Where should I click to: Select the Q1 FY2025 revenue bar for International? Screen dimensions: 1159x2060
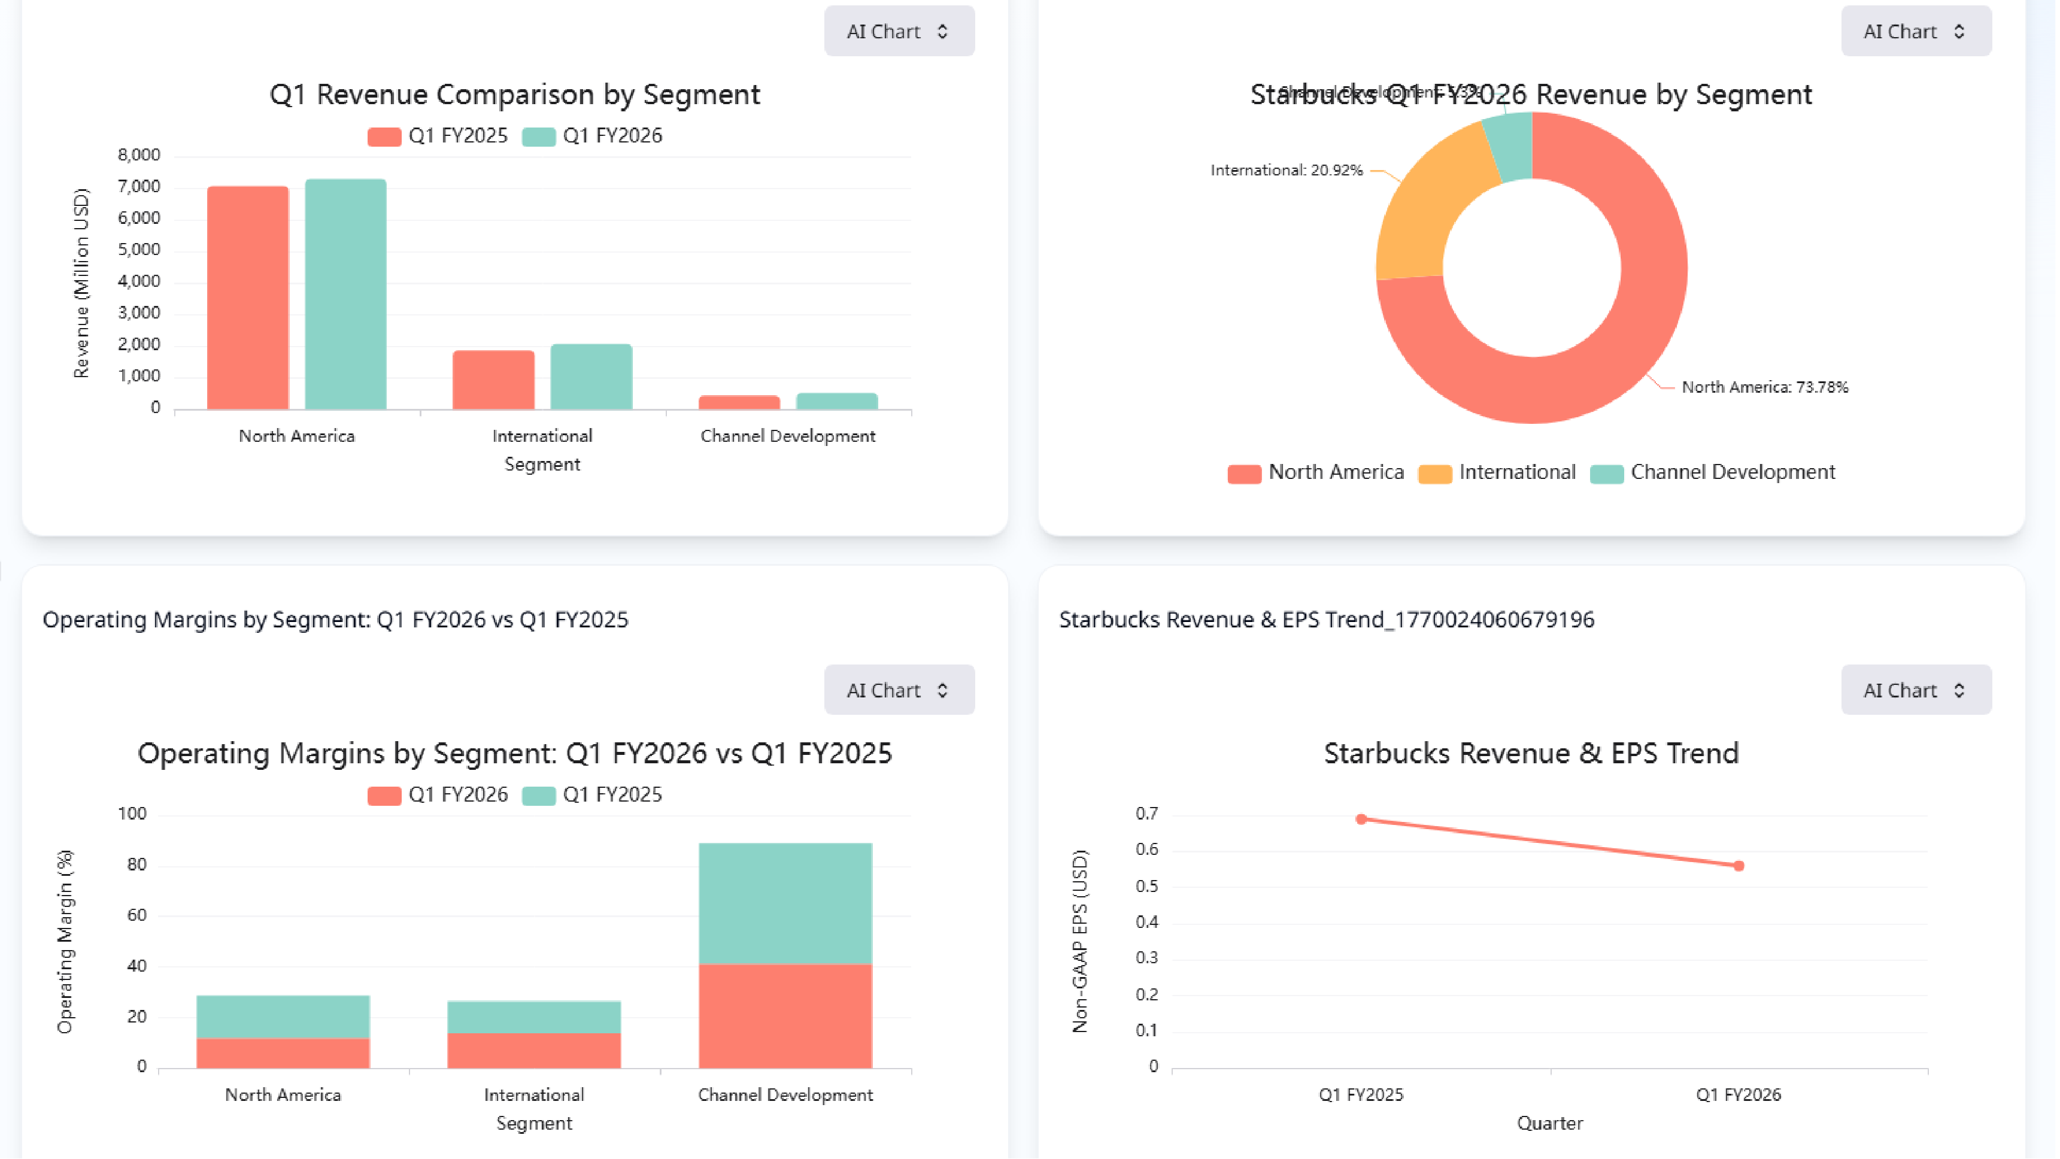pyautogui.click(x=493, y=380)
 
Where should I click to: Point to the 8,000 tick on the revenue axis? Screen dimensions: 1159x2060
pyautogui.click(x=138, y=155)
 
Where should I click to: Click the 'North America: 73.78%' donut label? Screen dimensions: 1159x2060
pyautogui.click(x=1764, y=387)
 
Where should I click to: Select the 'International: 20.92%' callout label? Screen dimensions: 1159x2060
pyautogui.click(x=1286, y=171)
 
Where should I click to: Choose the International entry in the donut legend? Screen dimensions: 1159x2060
pyautogui.click(x=1498, y=473)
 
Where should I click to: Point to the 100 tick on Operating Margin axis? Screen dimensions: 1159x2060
pyautogui.click(x=132, y=814)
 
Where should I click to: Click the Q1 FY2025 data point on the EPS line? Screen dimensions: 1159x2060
pyautogui.click(x=1361, y=819)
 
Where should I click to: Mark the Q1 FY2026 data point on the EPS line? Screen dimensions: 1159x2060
pyautogui.click(x=1739, y=866)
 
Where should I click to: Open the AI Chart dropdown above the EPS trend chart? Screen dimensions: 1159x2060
pyautogui.click(x=1915, y=690)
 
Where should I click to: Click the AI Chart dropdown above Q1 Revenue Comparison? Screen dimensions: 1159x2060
pyautogui.click(x=899, y=31)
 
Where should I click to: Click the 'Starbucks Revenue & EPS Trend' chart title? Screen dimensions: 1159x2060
pyautogui.click(x=1531, y=754)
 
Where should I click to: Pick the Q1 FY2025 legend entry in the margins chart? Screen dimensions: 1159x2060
pyautogui.click(x=593, y=795)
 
